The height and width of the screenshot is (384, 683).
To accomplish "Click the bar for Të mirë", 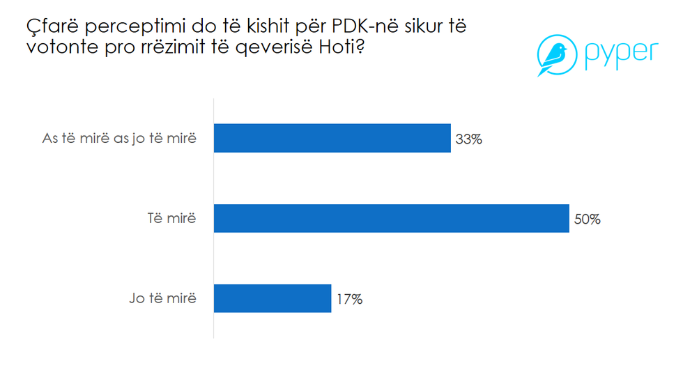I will [x=391, y=218].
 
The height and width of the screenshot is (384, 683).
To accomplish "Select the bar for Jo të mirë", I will [x=272, y=298].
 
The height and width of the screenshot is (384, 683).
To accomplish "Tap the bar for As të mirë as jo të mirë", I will [x=332, y=138].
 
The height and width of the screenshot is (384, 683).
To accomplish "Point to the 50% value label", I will [x=587, y=219].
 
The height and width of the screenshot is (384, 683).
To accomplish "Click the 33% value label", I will [x=468, y=139].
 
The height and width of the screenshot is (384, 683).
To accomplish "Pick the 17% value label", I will [x=349, y=299].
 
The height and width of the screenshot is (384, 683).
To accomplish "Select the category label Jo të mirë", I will [x=162, y=299].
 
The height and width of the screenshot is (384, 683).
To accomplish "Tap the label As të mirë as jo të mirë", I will [x=119, y=139].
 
